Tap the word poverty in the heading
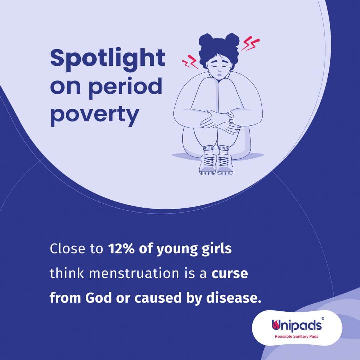95,116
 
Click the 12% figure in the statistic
121,248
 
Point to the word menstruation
134,273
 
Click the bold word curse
230,274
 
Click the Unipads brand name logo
297,325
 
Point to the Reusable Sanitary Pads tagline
297,337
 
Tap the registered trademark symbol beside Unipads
323,319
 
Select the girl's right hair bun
232,40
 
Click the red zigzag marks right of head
250,43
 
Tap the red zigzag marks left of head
190,62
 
